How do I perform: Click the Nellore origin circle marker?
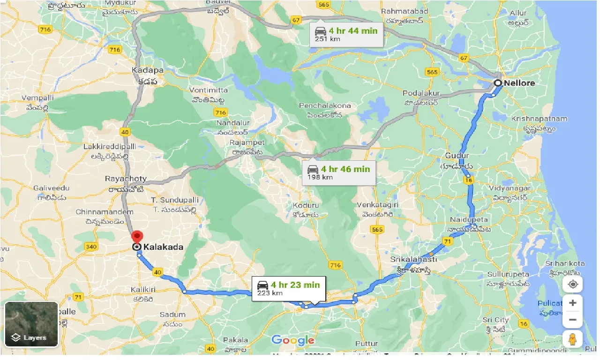pos(498,83)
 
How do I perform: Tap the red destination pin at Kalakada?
pos(136,237)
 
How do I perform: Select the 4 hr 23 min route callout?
pos(288,288)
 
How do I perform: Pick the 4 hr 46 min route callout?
pos(338,172)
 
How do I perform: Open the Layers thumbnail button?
pos(31,324)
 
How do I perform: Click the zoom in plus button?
pos(572,303)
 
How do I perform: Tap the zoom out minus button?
pos(572,320)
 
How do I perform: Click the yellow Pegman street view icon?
pos(572,338)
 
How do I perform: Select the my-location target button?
pos(572,284)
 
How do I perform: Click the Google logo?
pos(292,340)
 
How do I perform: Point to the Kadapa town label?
pos(148,71)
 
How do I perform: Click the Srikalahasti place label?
pos(414,259)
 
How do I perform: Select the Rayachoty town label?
pos(126,179)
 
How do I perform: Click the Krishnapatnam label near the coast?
pos(539,119)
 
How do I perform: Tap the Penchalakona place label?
pos(325,105)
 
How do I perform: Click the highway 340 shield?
pos(91,247)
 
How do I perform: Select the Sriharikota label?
pos(565,263)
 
